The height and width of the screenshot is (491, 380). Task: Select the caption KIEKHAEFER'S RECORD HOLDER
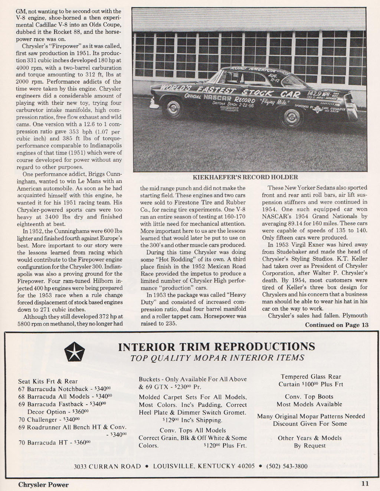(245, 177)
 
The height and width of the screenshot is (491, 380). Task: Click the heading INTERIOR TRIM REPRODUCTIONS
(216, 347)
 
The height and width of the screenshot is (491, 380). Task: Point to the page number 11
(365, 484)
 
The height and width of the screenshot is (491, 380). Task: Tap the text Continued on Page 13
(337, 325)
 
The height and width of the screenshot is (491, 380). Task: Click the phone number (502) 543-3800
(287, 466)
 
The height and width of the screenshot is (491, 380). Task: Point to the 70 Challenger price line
(49, 419)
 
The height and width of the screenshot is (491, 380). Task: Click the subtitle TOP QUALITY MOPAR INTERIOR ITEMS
(217, 358)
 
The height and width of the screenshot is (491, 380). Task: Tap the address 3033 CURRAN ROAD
(108, 466)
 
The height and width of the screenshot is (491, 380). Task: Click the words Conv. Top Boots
(309, 397)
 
